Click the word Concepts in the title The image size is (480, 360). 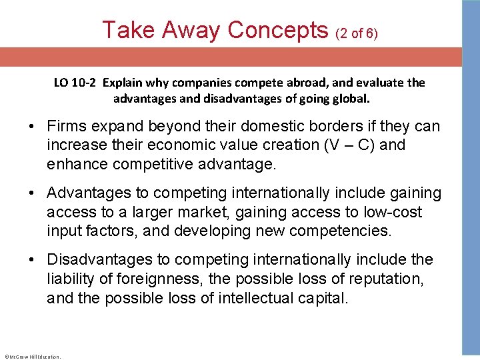click(278, 30)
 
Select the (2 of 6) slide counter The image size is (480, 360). click(357, 33)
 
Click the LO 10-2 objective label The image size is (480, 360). click(74, 83)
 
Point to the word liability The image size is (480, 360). click(71, 278)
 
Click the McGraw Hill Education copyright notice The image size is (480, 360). click(32, 357)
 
